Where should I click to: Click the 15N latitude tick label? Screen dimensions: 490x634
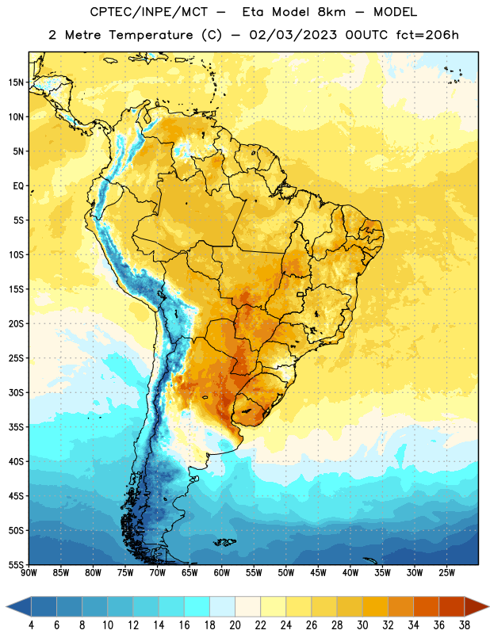tap(16, 82)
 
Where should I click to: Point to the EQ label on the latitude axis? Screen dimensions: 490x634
tap(18, 186)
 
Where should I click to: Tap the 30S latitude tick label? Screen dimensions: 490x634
tap(16, 392)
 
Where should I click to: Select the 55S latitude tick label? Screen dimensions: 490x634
tap(16, 565)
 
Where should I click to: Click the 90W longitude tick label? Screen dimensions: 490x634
tap(29, 573)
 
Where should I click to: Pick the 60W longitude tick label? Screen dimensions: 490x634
tap(222, 573)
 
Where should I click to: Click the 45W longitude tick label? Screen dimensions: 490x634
tap(318, 573)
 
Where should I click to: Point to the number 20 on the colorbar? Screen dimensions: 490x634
tap(235, 625)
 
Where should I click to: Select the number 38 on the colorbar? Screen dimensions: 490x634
tap(464, 625)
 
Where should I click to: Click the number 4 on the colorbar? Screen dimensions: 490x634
tap(31, 625)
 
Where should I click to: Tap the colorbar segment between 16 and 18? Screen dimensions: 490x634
tap(197, 606)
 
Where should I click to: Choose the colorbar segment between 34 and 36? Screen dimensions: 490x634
tap(426, 606)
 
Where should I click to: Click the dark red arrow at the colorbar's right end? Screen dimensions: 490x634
tap(476, 606)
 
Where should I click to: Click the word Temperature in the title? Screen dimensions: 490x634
tap(151, 35)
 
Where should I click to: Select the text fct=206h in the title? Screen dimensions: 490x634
tap(427, 35)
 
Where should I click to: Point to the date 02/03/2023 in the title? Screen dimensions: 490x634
tap(293, 35)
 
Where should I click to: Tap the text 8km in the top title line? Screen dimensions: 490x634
tap(331, 12)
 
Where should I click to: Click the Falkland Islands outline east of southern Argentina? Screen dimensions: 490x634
tap(224, 542)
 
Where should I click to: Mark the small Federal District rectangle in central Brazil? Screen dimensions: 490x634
tap(301, 294)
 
